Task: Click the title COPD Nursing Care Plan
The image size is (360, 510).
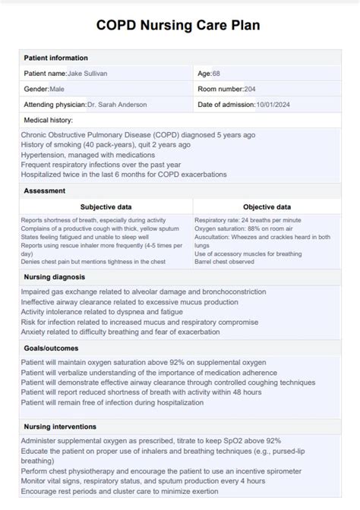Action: (178, 25)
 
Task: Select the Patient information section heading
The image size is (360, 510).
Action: (55, 58)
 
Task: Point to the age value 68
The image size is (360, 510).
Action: (216, 74)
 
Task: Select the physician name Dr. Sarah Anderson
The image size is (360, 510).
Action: (117, 105)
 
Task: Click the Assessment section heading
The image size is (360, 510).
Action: (44, 190)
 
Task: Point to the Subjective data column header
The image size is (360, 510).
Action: (106, 206)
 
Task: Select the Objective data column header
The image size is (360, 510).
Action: (267, 206)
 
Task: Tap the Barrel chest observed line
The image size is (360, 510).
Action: (224, 262)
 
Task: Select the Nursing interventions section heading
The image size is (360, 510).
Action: (60, 427)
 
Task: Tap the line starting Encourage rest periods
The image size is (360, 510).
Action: (119, 490)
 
